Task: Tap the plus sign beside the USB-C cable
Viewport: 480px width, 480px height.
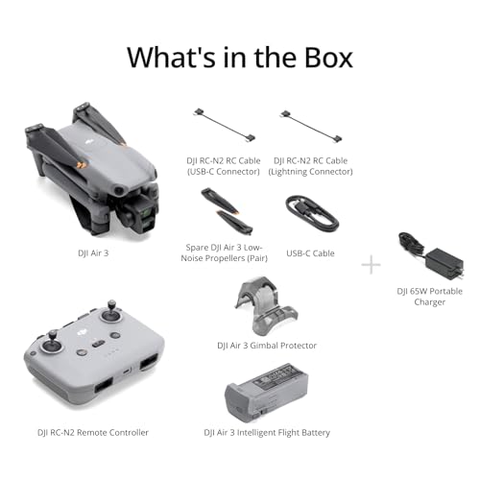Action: [372, 263]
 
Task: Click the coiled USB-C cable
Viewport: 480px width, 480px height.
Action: [312, 214]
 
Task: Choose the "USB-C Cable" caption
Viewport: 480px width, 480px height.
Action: [310, 253]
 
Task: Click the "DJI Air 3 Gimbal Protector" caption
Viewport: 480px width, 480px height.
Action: [267, 345]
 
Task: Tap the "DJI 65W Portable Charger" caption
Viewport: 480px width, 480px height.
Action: [429, 296]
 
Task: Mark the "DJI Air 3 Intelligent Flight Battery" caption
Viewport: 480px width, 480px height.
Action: [267, 433]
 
